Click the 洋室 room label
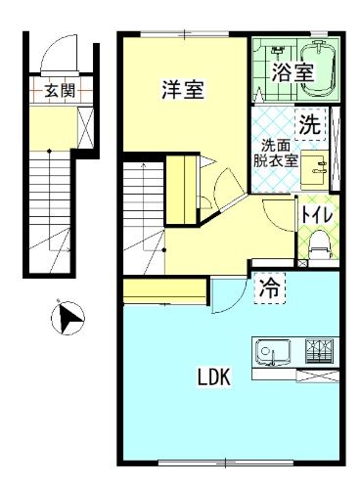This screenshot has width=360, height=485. tap(183, 90)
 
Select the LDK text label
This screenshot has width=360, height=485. tap(216, 376)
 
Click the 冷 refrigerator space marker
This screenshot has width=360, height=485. tap(268, 287)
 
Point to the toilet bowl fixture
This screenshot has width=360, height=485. tap(316, 247)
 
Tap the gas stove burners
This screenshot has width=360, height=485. tap(319, 349)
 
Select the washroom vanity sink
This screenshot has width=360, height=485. tap(315, 167)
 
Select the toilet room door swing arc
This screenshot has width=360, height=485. tap(279, 215)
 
